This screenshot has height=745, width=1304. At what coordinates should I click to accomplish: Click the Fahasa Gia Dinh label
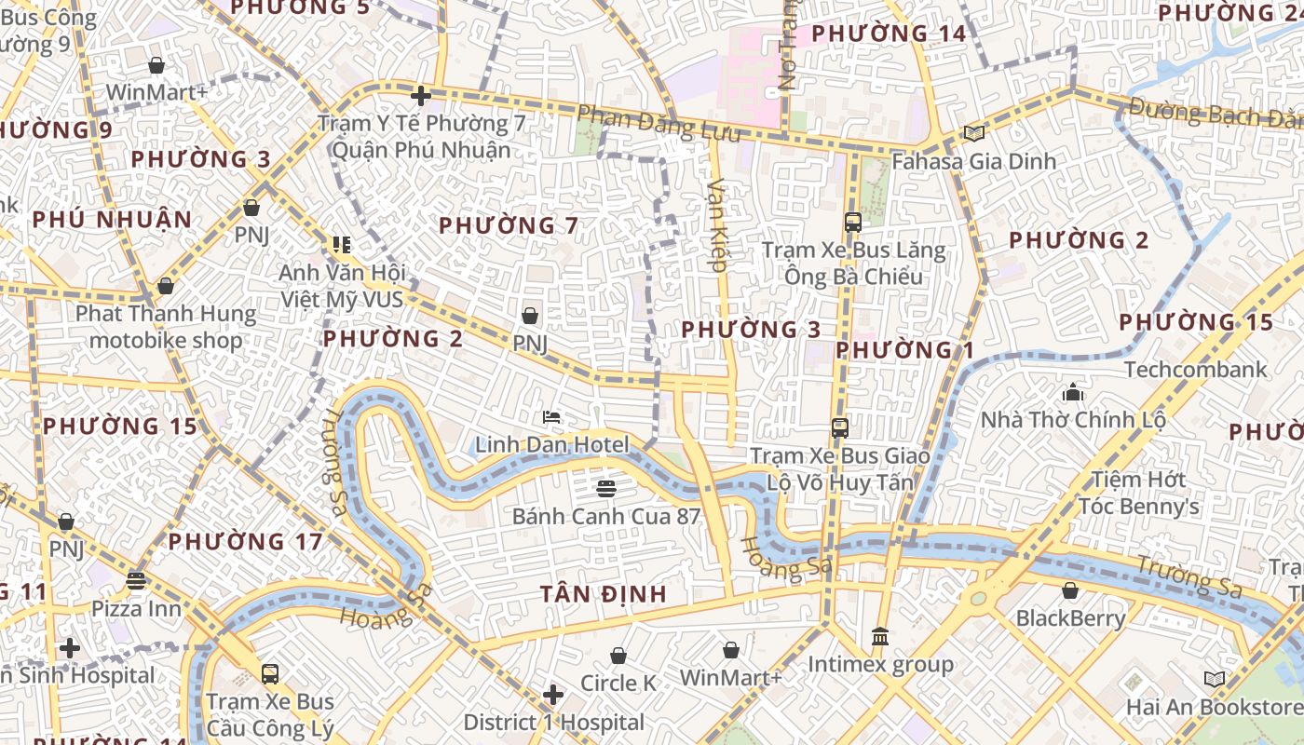[x=974, y=161]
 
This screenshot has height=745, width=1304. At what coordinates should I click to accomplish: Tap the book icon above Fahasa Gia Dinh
[x=974, y=134]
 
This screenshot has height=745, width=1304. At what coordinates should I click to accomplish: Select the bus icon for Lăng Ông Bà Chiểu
[x=852, y=223]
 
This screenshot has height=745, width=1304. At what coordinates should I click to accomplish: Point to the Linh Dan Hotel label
[x=552, y=445]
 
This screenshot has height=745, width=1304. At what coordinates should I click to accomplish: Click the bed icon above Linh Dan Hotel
[x=551, y=416]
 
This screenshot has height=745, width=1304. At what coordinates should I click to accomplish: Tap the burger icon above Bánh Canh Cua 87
[x=606, y=488]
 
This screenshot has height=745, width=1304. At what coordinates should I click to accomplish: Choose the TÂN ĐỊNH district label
[x=604, y=593]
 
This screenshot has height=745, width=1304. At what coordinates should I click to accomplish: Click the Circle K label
[x=618, y=684]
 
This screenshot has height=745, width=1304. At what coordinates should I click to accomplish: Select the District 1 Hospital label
[x=553, y=723]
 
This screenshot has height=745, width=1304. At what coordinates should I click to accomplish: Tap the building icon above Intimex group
[x=880, y=638]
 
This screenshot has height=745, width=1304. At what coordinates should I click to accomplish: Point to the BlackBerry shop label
[x=1070, y=618]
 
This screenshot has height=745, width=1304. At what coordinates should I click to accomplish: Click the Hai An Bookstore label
[x=1215, y=707]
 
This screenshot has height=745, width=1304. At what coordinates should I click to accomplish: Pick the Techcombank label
[x=1195, y=370]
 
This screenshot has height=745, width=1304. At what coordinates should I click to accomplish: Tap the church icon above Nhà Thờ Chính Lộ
[x=1073, y=392]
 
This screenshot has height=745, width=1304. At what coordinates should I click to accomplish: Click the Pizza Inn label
[x=136, y=609]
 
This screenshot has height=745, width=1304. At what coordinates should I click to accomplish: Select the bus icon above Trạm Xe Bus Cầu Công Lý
[x=270, y=673]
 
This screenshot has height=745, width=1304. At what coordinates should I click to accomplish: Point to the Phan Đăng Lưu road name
[x=659, y=125]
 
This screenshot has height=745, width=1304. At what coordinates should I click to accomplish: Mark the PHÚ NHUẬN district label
[x=112, y=220]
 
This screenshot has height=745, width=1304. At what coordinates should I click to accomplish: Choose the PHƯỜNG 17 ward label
[x=246, y=541]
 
